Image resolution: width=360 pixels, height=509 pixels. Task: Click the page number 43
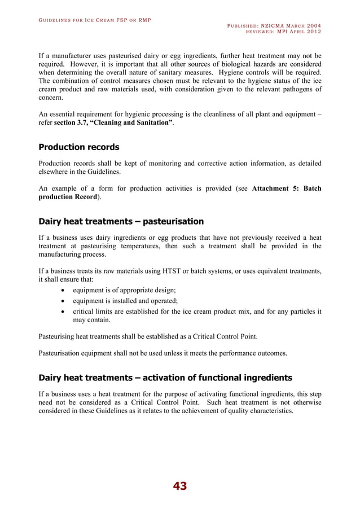tap(180, 486)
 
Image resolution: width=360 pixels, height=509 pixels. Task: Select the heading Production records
tap(78, 147)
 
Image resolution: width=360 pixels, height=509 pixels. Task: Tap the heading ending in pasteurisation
tap(121, 221)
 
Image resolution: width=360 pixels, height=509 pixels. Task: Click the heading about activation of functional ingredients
tap(166, 377)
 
